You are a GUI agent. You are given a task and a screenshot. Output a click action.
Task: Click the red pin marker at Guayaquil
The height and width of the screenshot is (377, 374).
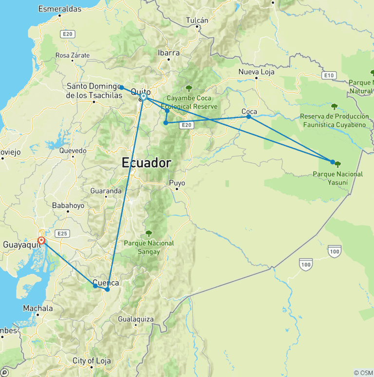click(x=42, y=240)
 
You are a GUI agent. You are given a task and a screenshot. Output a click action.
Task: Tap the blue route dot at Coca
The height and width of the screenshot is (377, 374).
click(x=249, y=117)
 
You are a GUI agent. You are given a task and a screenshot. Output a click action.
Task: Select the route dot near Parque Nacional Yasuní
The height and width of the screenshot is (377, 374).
click(x=333, y=162)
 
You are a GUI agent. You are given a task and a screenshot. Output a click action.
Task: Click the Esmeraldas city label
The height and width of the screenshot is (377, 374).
click(x=59, y=9)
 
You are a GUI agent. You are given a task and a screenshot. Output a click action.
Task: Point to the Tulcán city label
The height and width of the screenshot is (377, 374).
click(x=197, y=20)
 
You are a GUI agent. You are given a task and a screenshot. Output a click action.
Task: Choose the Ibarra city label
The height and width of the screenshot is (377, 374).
click(x=168, y=52)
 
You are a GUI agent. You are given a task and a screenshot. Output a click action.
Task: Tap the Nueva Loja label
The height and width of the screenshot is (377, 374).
click(x=256, y=72)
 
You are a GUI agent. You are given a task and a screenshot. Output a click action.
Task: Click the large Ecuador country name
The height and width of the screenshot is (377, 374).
click(x=147, y=163)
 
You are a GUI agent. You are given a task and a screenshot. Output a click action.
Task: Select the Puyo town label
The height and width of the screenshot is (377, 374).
click(x=177, y=183)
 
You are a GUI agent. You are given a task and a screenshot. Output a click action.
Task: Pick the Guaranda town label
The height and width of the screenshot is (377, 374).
click(x=106, y=191)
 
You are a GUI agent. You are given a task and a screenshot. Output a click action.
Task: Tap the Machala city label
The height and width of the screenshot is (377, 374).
click(x=38, y=308)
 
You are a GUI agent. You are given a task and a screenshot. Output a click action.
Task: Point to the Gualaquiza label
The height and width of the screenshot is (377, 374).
click(x=136, y=319)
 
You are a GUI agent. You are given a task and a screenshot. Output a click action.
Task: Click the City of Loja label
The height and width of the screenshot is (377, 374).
click(x=92, y=361)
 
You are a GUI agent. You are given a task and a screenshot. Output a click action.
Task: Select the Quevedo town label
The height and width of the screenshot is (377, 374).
click(x=73, y=151)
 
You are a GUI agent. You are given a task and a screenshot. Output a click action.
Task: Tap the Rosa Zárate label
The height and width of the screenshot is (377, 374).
click(x=73, y=55)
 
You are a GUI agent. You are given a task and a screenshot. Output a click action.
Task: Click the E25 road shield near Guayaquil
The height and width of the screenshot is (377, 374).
click(x=62, y=234)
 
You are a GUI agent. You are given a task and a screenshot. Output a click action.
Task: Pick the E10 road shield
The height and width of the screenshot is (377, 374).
click(x=329, y=75)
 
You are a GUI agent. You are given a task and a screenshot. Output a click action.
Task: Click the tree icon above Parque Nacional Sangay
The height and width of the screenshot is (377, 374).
click(x=149, y=234)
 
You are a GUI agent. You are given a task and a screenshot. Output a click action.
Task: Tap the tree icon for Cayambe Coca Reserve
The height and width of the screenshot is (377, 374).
click(x=189, y=88)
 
